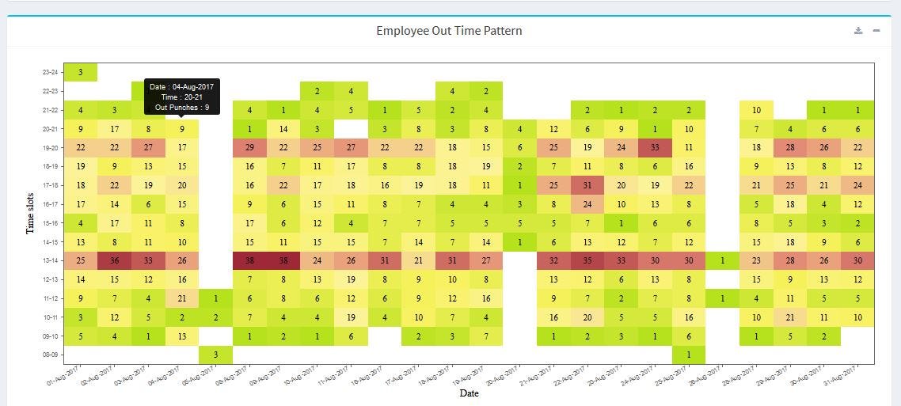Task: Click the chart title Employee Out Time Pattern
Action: tap(449, 31)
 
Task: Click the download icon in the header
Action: tap(858, 31)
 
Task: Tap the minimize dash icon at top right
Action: tap(876, 31)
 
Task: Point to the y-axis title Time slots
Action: tap(29, 212)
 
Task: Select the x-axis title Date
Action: tap(469, 393)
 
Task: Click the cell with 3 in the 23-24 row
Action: tap(81, 72)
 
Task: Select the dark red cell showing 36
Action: tap(115, 260)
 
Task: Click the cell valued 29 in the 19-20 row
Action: tap(249, 147)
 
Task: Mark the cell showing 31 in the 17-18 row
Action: tap(587, 185)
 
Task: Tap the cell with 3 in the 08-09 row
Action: tap(216, 355)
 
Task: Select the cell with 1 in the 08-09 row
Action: tap(689, 355)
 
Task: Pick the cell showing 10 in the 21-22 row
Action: tap(756, 110)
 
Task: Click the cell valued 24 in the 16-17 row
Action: tap(587, 204)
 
